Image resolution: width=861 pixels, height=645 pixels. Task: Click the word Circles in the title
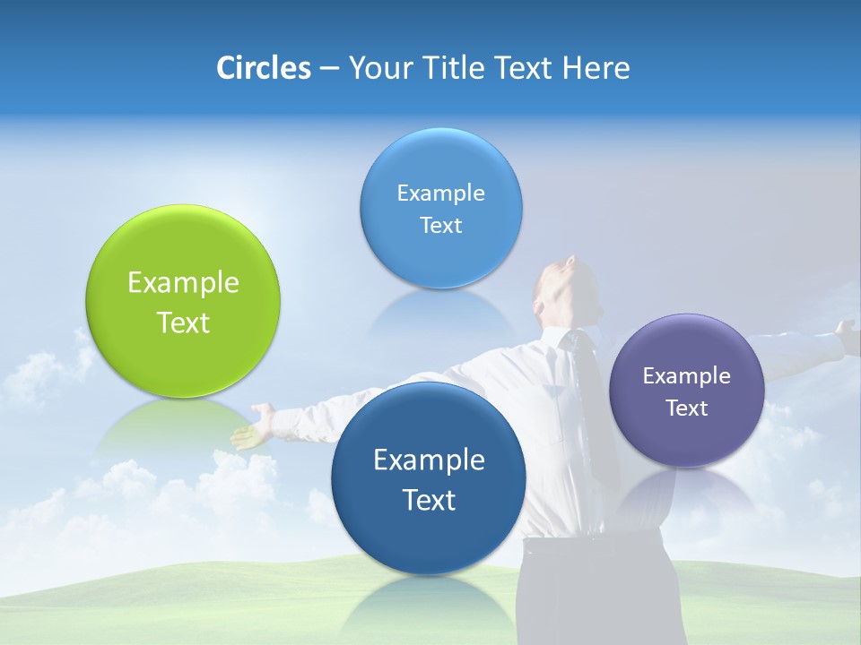tap(263, 68)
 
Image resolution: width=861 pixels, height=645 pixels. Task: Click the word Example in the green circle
tap(183, 283)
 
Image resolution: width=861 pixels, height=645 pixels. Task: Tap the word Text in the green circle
tap(183, 322)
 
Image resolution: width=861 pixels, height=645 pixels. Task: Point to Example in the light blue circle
tap(440, 193)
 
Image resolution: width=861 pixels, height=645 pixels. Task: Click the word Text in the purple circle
tap(687, 408)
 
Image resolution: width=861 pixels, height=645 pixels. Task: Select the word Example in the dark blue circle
tap(429, 460)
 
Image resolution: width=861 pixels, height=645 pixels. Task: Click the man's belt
tap(574, 543)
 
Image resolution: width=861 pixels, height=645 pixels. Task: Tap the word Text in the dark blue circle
tap(429, 500)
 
